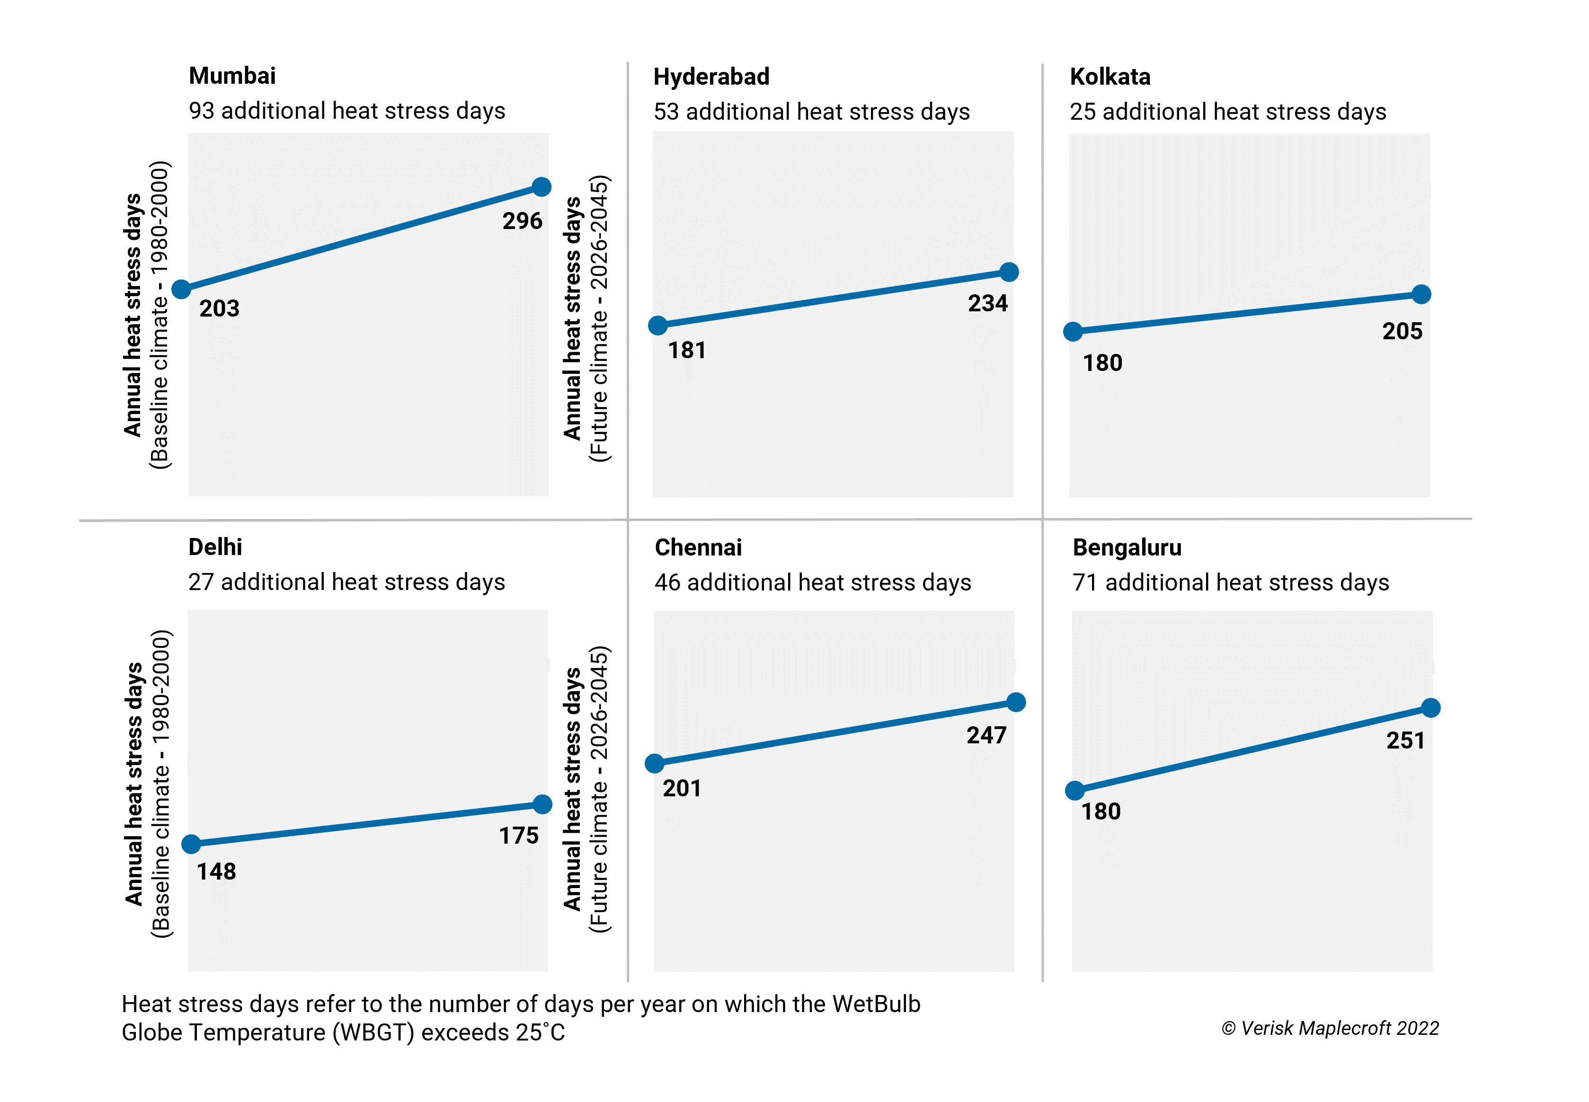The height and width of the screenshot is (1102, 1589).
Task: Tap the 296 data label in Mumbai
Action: [522, 221]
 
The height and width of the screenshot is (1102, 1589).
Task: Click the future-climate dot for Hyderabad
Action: [1009, 272]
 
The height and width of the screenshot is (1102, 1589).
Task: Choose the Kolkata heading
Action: [1110, 77]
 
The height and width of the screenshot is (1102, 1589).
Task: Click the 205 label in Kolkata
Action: [1402, 331]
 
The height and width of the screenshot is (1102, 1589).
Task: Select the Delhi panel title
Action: [215, 547]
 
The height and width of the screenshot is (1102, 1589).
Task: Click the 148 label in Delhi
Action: [216, 872]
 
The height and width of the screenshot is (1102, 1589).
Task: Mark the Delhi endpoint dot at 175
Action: [543, 804]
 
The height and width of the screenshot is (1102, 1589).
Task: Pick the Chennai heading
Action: [698, 547]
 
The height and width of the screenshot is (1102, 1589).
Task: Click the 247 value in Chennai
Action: [986, 735]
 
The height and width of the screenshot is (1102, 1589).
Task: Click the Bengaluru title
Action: [1127, 547]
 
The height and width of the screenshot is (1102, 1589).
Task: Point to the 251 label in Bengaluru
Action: [1405, 741]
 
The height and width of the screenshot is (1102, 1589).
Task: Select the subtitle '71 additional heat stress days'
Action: [1230, 583]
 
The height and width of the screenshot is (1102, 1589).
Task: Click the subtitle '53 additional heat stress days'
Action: [811, 112]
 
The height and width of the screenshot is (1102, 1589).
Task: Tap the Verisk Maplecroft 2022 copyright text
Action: [1330, 1029]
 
